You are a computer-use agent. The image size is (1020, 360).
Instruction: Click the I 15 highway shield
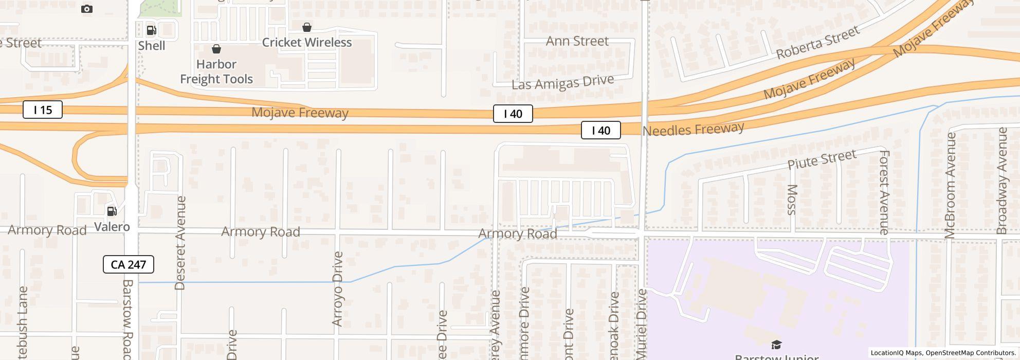click(43, 110)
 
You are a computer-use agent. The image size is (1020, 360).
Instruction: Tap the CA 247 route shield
click(129, 264)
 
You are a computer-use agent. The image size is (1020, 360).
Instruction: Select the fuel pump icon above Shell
click(152, 30)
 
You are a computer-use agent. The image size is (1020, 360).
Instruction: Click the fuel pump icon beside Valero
click(112, 211)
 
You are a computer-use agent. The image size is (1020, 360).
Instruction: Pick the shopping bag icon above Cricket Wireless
click(307, 27)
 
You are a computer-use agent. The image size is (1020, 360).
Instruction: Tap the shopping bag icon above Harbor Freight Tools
click(216, 49)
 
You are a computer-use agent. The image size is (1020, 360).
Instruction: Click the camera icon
click(87, 9)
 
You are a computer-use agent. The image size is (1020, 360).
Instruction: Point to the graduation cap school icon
click(776, 345)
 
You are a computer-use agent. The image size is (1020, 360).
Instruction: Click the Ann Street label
click(577, 41)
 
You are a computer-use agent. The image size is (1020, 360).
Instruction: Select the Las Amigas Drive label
click(562, 83)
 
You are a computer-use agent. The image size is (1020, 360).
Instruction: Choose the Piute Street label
click(822, 159)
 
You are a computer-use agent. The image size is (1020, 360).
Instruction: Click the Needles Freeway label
click(693, 129)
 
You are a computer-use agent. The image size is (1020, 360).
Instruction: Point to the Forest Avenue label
click(884, 192)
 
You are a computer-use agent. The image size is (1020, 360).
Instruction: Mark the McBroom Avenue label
click(950, 185)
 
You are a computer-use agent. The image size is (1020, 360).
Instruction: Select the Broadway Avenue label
click(1001, 181)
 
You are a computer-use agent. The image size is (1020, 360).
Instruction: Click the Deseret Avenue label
click(180, 243)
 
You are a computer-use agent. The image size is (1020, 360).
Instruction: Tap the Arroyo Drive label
click(337, 289)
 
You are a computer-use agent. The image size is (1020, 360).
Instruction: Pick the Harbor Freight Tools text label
click(216, 71)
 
